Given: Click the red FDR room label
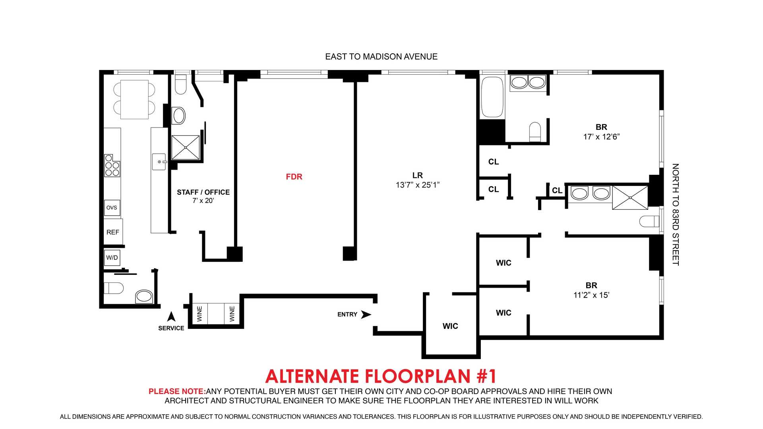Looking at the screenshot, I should [294, 177].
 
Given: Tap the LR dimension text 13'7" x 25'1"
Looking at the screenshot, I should [417, 185].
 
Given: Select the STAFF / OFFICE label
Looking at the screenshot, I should [203, 192].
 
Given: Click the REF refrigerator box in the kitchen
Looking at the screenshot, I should [113, 232].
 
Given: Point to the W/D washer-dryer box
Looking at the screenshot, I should [112, 257].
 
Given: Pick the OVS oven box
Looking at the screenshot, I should [112, 208].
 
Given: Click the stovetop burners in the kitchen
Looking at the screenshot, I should [112, 166].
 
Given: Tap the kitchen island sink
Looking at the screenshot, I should [159, 162].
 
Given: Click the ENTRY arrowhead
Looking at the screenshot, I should [366, 314].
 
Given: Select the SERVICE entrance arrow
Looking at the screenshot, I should [171, 317].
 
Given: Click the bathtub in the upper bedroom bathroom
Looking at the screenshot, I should [492, 97].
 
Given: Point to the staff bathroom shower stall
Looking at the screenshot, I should [186, 147].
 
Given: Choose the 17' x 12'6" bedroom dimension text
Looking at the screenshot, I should [601, 137].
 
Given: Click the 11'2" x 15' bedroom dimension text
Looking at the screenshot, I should [591, 295].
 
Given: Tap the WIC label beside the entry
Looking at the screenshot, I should [450, 326].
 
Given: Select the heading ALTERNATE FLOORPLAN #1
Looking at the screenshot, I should [381, 376].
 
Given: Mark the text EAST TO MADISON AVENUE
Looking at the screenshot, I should [381, 57].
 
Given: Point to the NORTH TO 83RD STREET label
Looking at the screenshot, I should [675, 214].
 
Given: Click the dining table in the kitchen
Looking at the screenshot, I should [134, 99].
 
